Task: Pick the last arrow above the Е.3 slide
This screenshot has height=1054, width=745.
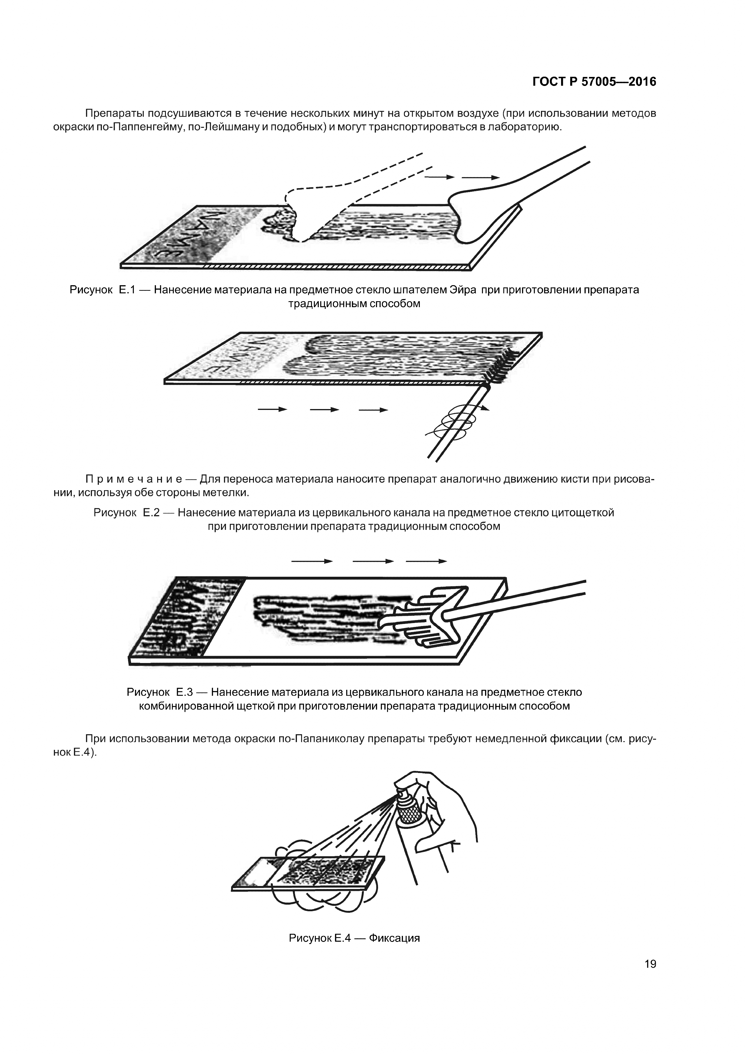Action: (426, 561)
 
